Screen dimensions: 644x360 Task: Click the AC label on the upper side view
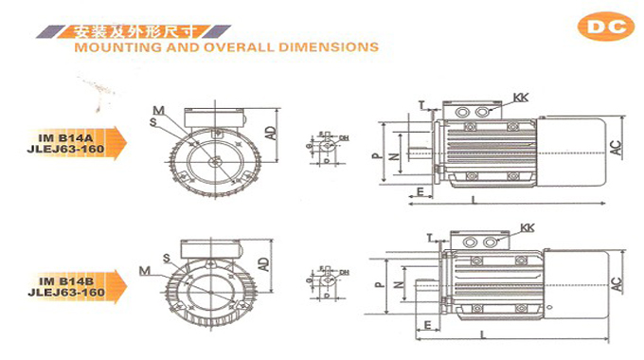615,146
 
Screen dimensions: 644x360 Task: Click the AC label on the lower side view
616,281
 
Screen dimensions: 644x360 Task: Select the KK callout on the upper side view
519,99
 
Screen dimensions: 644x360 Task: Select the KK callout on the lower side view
526,227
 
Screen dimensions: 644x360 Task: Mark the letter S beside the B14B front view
166,258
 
